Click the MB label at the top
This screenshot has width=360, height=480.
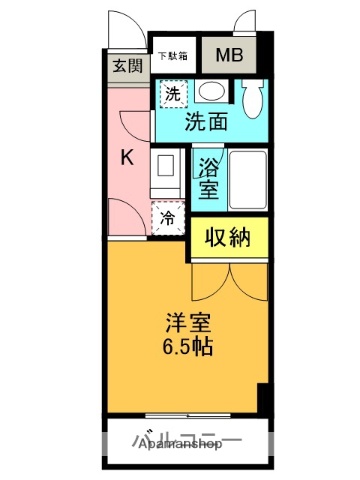coord(229,56)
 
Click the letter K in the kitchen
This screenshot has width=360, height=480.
coord(127,157)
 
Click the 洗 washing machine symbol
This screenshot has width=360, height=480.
coord(173,96)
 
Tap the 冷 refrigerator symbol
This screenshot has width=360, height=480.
coord(167,216)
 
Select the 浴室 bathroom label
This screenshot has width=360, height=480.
coord(208,177)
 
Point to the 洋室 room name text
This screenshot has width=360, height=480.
coord(188,325)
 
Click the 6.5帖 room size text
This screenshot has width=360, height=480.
coord(189,349)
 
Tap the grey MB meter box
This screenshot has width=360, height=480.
coord(229,56)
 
